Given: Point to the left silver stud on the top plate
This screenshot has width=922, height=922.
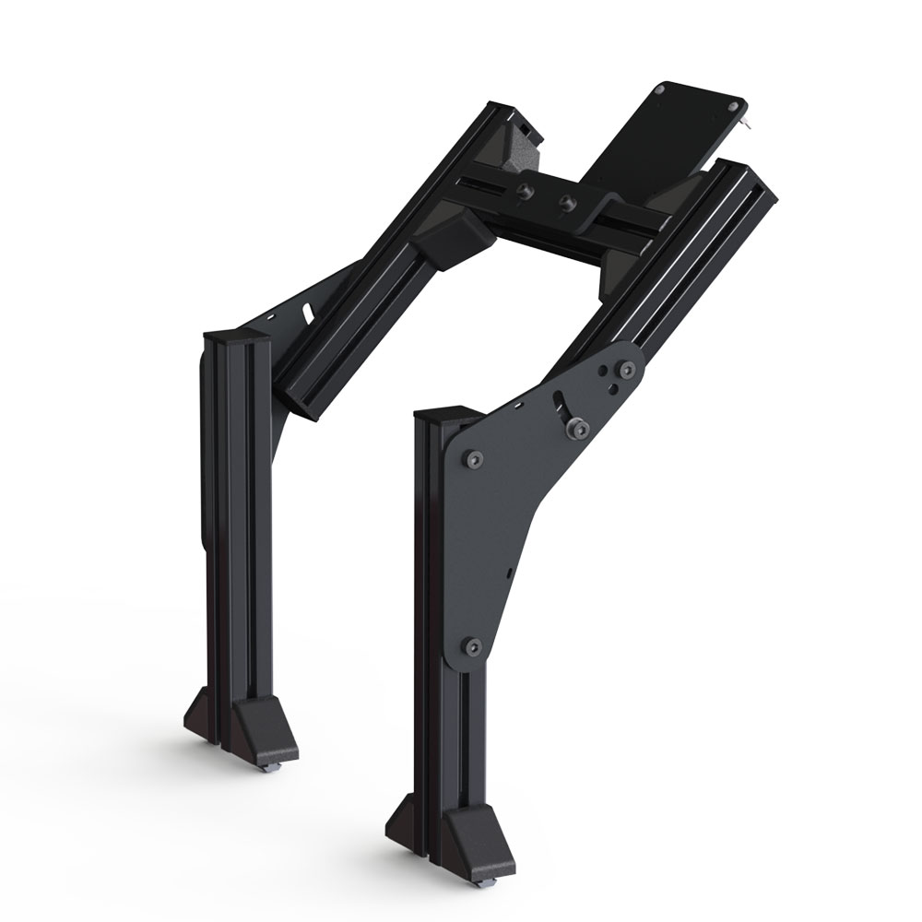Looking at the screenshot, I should pos(662,90).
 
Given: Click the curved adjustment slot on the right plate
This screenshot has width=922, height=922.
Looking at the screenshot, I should pos(561,404).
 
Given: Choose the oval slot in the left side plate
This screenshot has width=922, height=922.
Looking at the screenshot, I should pos(306,316).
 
